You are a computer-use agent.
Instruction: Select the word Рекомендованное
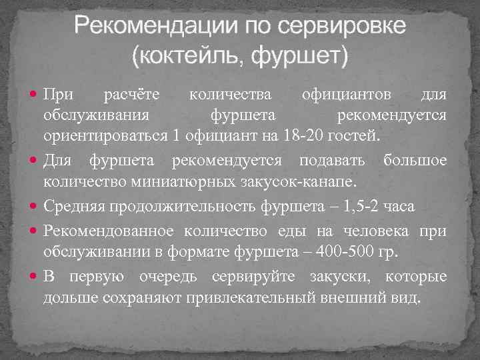108,230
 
